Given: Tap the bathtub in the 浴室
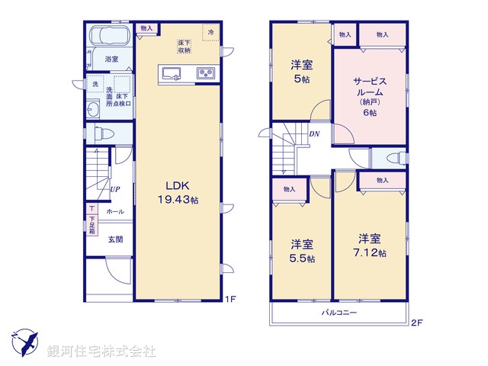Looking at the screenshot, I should (109, 38).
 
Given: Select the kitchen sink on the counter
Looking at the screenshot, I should (171, 74).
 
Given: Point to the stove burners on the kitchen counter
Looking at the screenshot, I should (206, 74).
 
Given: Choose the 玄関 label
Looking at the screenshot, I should (114, 239).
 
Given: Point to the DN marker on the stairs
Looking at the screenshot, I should (314, 135).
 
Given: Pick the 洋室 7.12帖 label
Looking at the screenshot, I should (371, 246).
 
